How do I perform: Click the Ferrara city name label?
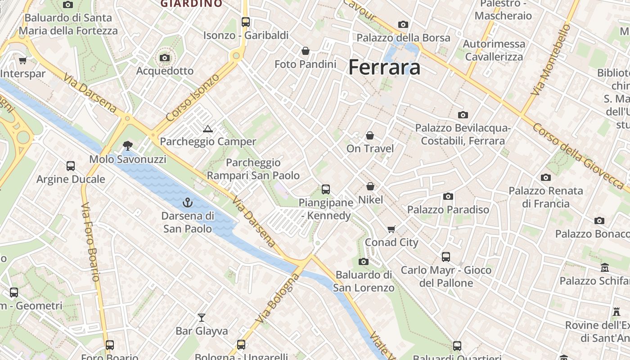tap(384, 67)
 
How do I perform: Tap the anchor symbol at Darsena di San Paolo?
tap(188, 202)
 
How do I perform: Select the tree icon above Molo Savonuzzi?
tap(128, 145)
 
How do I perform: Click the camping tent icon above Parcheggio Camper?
tap(207, 129)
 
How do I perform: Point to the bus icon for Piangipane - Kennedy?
tap(326, 189)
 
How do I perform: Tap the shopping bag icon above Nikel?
tap(370, 186)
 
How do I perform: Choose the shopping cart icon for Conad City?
tap(391, 229)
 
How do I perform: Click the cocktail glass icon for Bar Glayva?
tap(202, 318)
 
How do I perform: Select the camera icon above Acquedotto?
tap(165, 58)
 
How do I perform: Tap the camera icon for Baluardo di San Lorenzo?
tap(364, 261)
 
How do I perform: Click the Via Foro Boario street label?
tap(90, 242)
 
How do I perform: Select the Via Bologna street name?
tap(277, 298)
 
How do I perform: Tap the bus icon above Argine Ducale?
tap(71, 166)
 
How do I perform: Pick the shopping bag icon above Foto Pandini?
tap(306, 51)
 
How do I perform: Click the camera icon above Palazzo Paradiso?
tap(448, 196)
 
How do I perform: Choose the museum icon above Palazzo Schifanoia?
tap(605, 268)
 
